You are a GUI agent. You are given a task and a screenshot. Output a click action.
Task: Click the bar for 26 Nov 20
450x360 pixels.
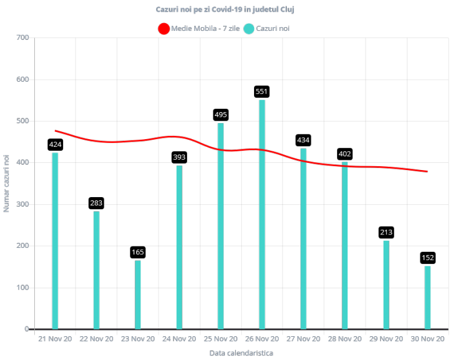point(262,214)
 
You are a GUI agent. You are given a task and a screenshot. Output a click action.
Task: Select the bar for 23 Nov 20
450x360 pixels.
point(138,294)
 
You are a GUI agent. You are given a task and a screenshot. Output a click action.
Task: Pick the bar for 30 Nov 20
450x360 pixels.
point(427,297)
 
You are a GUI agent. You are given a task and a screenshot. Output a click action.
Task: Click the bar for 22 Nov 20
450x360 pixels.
point(97,270)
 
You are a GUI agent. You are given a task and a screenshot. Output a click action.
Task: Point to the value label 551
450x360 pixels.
point(262,92)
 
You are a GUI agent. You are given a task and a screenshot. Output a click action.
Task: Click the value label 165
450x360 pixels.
point(138,252)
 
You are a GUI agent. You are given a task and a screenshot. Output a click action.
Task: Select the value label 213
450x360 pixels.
point(386,232)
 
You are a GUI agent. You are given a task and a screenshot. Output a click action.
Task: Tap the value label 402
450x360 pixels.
point(345,153)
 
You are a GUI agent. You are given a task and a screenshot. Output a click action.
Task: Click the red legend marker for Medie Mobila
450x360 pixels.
point(164,28)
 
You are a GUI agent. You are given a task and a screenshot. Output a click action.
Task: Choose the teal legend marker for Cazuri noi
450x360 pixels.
point(249,28)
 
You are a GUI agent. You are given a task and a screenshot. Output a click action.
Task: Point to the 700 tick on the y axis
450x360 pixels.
point(23,37)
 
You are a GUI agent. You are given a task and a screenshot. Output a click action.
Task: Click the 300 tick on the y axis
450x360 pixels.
point(23,204)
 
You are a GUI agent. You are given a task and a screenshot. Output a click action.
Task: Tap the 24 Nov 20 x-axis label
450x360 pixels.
point(179,339)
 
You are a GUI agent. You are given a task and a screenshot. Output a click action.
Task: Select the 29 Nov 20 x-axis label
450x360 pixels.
point(386,339)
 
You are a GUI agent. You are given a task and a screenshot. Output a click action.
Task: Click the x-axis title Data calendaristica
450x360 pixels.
point(241,353)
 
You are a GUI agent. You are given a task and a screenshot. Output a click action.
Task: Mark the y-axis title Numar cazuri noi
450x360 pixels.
point(6,183)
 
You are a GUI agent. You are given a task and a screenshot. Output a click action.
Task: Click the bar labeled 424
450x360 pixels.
point(55,240)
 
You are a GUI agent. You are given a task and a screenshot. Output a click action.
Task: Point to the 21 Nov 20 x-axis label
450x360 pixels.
point(55,339)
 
